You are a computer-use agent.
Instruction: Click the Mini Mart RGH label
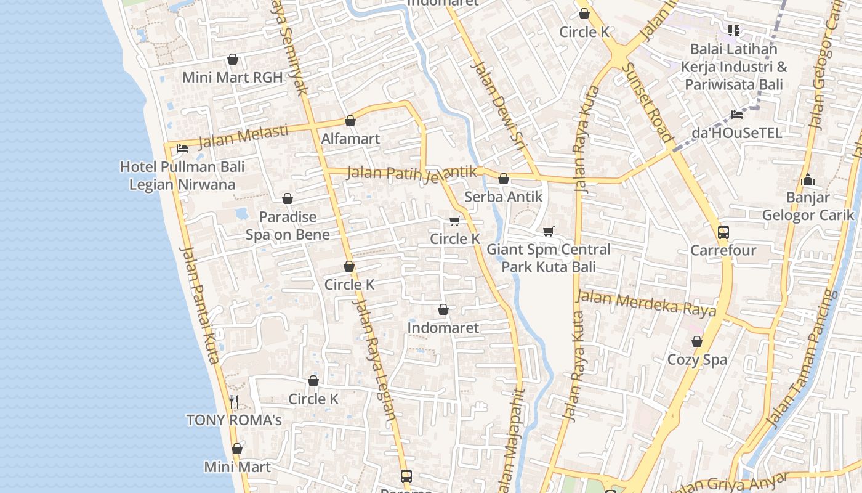pos(232,78)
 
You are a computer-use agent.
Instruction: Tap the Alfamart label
pos(350,139)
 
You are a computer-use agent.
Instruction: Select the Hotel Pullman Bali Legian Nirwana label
pos(182,176)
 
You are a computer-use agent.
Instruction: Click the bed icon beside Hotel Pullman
pos(182,149)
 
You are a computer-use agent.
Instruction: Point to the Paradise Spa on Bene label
pos(288,226)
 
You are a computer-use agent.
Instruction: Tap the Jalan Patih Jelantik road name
pos(412,173)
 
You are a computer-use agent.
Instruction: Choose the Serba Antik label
pos(503,197)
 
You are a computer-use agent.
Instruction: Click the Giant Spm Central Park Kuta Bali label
pos(549,258)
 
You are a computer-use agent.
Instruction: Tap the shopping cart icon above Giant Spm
pos(549,232)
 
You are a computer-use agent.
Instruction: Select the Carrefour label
pos(723,251)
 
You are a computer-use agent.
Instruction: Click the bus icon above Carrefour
pos(723,232)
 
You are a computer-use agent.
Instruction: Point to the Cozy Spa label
pos(697,359)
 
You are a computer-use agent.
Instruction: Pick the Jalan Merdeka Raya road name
pos(646,303)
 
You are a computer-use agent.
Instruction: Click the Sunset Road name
pos(647,102)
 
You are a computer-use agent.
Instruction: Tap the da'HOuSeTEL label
pos(736,132)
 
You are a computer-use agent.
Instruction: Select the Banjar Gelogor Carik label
pos(808,206)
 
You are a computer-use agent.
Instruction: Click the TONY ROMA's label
pos(234,420)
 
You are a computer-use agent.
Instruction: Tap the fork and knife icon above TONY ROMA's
pos(234,402)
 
